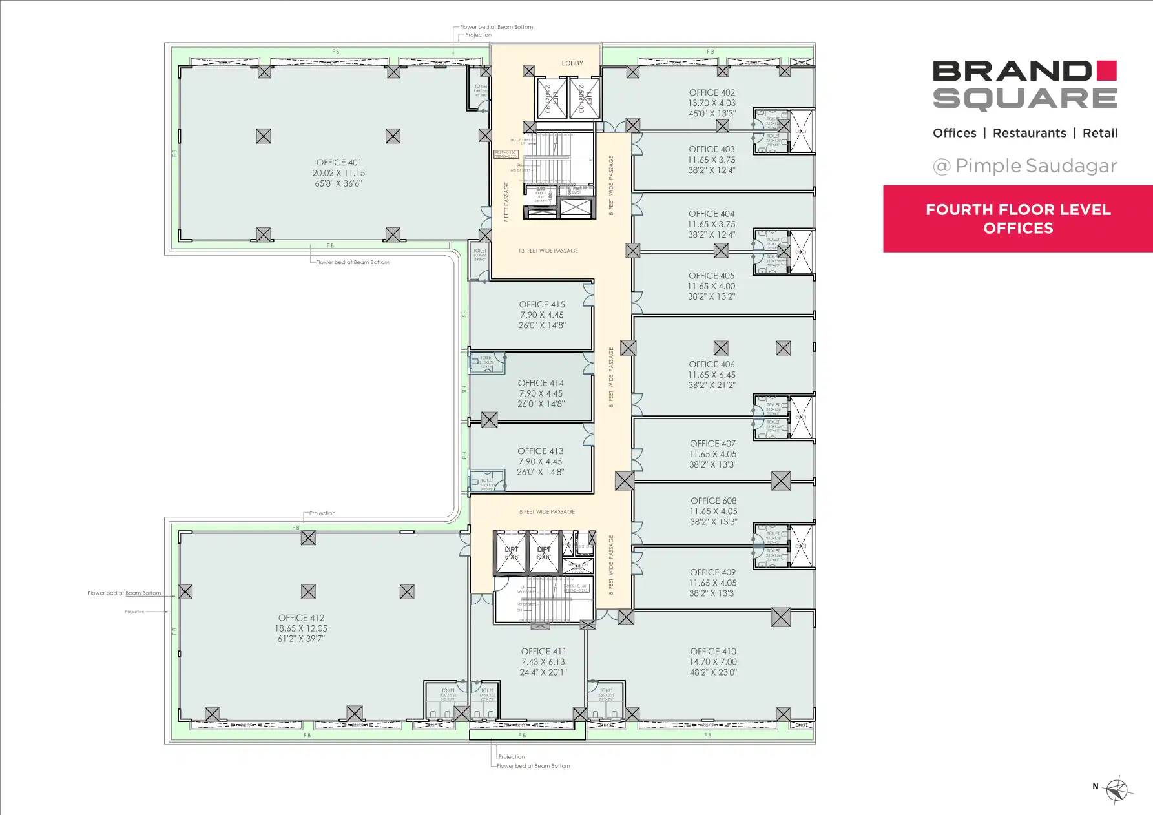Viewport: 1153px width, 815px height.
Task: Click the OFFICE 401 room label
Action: pyautogui.click(x=338, y=163)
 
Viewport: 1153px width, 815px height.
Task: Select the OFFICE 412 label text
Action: pyautogui.click(x=301, y=618)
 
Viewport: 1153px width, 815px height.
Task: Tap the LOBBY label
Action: pyautogui.click(x=572, y=63)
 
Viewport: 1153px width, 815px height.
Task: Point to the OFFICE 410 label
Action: pyautogui.click(x=712, y=652)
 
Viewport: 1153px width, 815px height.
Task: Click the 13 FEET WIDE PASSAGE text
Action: pyautogui.click(x=548, y=251)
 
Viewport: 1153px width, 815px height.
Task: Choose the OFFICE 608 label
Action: pyautogui.click(x=713, y=500)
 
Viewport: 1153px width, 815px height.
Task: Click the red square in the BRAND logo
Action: pyautogui.click(x=1106, y=70)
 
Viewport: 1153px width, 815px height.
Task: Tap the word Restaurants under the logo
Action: pyautogui.click(x=1029, y=133)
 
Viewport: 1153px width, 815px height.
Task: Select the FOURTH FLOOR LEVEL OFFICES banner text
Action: pyautogui.click(x=1018, y=219)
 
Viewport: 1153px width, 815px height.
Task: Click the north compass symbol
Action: pyautogui.click(x=1117, y=790)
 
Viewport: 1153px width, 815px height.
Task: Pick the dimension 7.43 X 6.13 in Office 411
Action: pyautogui.click(x=543, y=662)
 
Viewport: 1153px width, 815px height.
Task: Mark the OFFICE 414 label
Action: pyautogui.click(x=541, y=383)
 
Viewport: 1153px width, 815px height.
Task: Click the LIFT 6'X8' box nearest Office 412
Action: pyautogui.click(x=511, y=553)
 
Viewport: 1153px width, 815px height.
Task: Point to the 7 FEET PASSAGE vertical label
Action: pyautogui.click(x=506, y=202)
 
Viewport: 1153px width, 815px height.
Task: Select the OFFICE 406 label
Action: pyautogui.click(x=711, y=364)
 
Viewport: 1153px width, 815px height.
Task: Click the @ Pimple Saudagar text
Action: pyautogui.click(x=1025, y=166)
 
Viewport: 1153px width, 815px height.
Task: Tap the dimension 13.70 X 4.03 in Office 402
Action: pyautogui.click(x=711, y=103)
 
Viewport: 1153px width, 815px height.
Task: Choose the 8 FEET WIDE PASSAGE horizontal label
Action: pyautogui.click(x=547, y=511)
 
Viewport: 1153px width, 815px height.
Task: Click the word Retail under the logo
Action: pyautogui.click(x=1099, y=133)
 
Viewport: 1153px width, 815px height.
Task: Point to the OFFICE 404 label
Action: pyautogui.click(x=711, y=214)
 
